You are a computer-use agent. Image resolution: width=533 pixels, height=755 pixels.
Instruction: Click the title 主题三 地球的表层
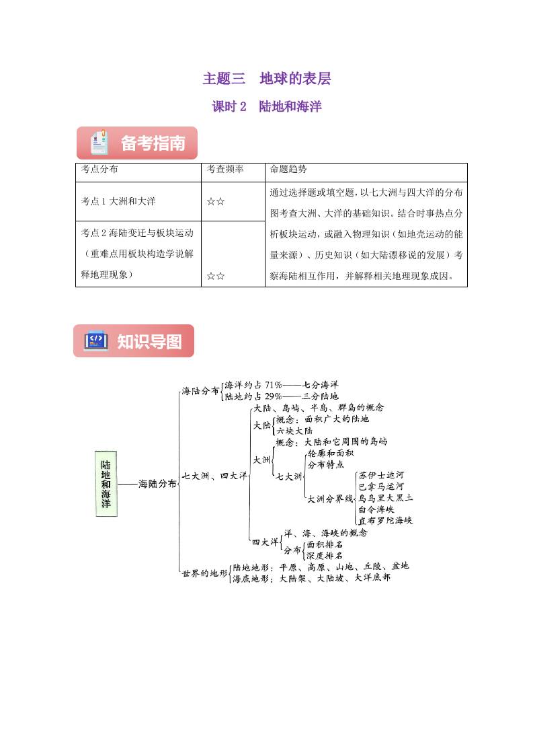tap(267, 79)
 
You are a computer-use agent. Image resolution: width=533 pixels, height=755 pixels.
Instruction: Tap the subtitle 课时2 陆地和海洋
tap(267, 106)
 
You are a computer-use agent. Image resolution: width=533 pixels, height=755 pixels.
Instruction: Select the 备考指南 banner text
tap(153, 143)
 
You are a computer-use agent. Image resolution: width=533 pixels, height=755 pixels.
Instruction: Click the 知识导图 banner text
tap(149, 341)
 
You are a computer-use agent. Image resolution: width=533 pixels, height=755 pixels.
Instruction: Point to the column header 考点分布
tap(99, 170)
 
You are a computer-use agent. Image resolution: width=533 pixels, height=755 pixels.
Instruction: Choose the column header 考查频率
tap(225, 170)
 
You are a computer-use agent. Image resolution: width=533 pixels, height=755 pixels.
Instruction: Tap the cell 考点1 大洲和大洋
tap(118, 201)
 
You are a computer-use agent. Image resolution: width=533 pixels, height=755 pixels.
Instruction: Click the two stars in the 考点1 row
tap(216, 201)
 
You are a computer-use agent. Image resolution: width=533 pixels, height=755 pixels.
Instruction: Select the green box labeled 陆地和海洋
tap(106, 483)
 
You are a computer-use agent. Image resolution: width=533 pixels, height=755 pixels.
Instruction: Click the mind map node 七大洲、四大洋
tap(214, 475)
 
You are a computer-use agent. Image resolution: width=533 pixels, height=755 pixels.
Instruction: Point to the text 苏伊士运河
tap(381, 475)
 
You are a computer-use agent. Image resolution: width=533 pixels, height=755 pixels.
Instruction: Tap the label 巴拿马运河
tap(381, 487)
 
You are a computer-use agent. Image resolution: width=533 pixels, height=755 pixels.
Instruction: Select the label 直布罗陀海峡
tap(385, 520)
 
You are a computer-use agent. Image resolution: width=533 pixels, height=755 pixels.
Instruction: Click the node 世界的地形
tap(204, 573)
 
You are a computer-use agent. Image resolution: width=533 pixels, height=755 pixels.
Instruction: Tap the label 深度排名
tap(324, 555)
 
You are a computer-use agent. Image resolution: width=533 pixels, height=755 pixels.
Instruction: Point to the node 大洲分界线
tap(329, 499)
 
